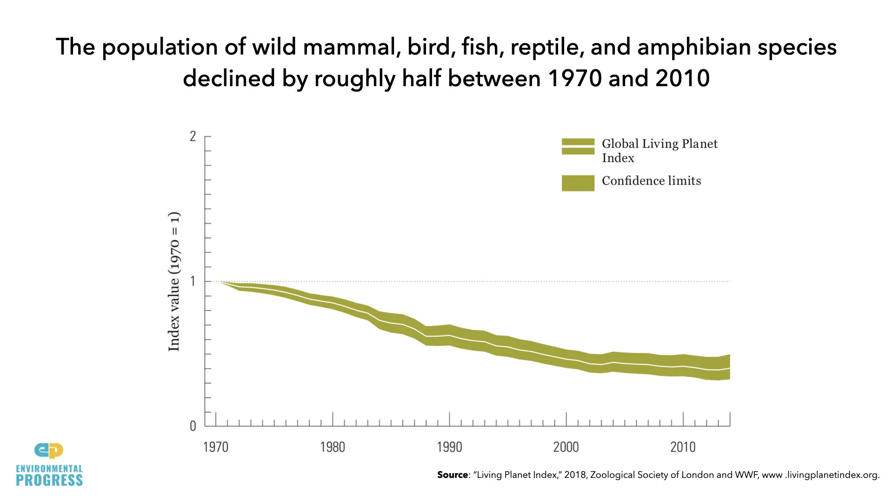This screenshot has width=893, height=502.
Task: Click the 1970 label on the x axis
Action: coord(216,447)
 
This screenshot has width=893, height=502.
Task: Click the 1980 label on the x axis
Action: coord(333,447)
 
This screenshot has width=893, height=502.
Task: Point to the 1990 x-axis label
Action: coord(449,447)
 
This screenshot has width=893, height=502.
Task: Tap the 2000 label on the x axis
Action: coord(566,447)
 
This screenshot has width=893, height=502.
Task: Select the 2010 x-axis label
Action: coord(683,447)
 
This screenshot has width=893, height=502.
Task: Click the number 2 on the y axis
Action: coord(193,137)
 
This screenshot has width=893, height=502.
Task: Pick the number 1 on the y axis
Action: coord(193,281)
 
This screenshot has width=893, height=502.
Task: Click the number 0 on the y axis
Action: coord(193,426)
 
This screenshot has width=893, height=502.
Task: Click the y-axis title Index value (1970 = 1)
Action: coord(174,281)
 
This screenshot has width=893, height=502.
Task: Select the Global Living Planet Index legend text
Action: coord(659,151)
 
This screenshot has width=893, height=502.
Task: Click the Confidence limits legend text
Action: coord(651,181)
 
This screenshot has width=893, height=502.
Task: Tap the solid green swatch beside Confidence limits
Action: coord(578,183)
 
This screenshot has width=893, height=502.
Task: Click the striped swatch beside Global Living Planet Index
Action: coord(578,146)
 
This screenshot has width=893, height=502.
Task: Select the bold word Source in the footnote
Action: coord(453,475)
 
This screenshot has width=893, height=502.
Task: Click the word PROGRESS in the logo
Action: coord(49,481)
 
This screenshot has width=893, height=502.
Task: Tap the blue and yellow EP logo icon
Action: coord(49,450)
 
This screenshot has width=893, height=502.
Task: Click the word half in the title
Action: coord(421,78)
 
